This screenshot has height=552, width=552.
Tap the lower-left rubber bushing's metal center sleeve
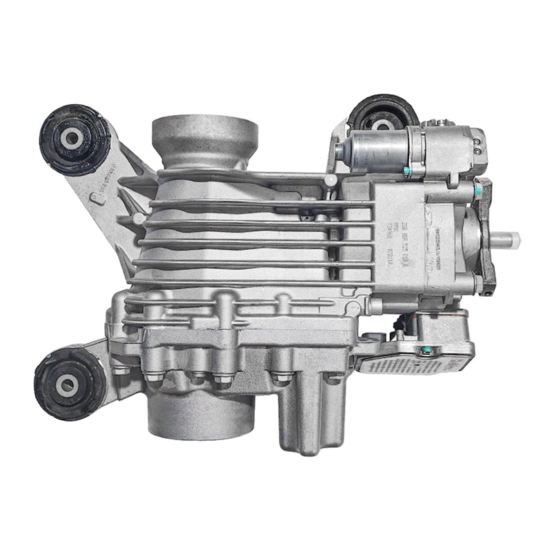click(66, 385)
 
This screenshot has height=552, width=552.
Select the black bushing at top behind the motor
click(381, 119)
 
